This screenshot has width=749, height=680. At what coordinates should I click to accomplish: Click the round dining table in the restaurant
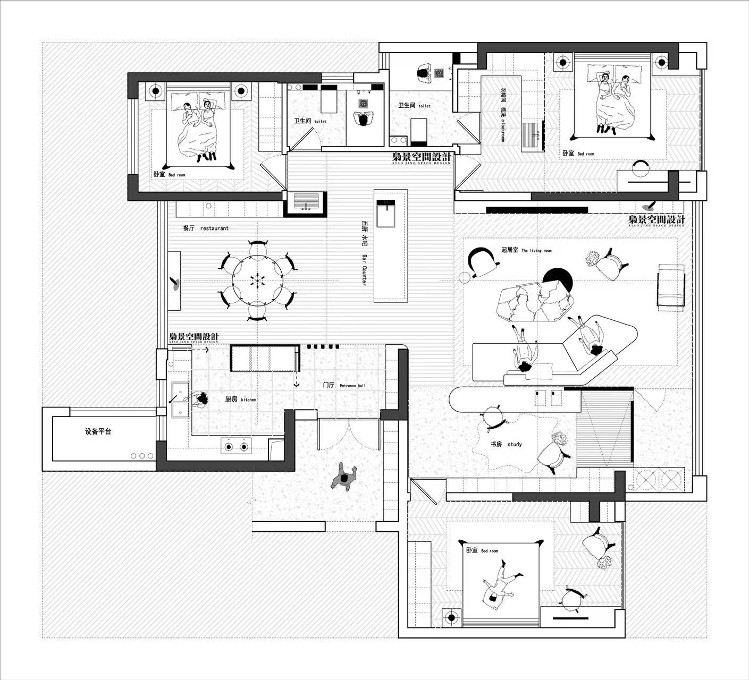click(257, 280)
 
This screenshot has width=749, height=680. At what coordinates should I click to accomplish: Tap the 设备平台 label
click(98, 431)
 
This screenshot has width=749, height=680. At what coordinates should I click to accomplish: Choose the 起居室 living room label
click(526, 250)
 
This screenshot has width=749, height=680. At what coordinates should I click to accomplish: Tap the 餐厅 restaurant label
click(205, 228)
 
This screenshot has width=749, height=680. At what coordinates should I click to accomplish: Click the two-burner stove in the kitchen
click(237, 447)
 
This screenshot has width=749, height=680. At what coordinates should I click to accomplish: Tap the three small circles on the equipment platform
click(141, 456)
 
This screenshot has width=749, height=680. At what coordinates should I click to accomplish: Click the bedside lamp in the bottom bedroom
click(452, 617)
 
